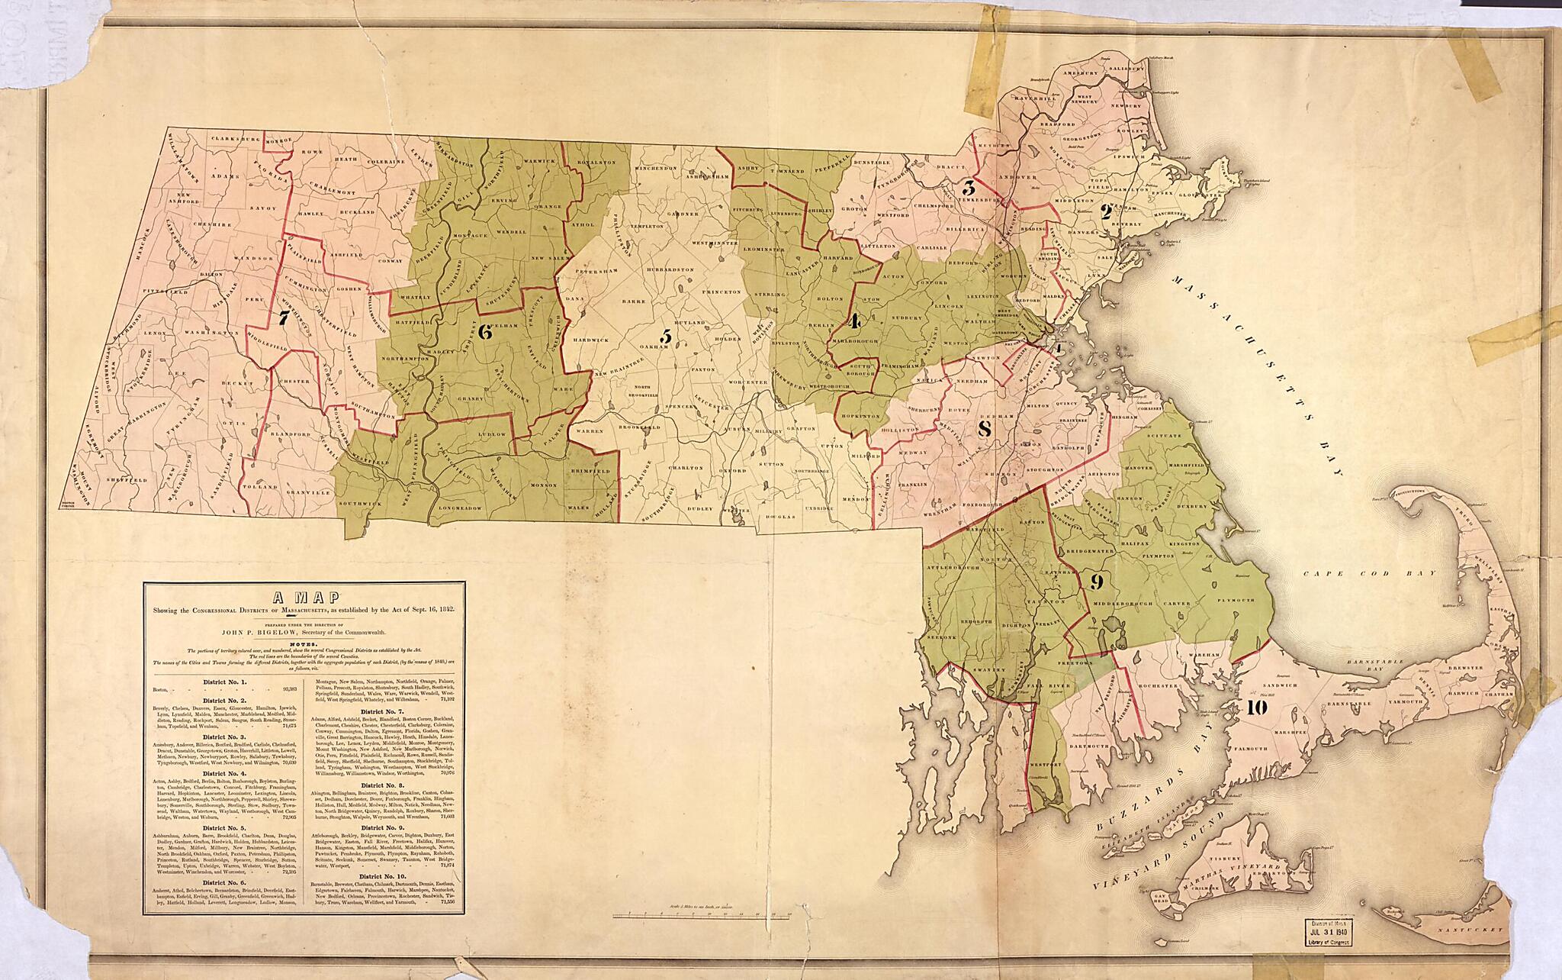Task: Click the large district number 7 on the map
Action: (283, 319)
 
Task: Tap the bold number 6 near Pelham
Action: (483, 331)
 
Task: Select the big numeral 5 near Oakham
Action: (666, 336)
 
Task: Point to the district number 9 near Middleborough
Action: (1097, 583)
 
